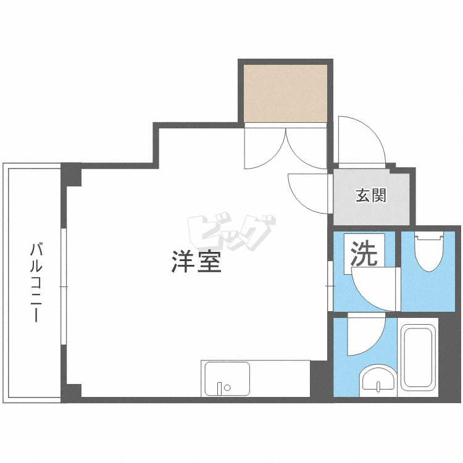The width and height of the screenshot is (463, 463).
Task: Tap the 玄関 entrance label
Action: point(370,196)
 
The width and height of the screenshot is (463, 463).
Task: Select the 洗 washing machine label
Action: point(364,255)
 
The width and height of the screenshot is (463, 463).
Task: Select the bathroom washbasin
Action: point(378,379)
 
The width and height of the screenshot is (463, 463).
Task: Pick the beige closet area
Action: point(285,93)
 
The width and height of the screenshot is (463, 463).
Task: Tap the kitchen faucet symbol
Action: point(220,388)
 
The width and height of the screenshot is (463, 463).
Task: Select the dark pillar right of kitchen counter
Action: point(319,379)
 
